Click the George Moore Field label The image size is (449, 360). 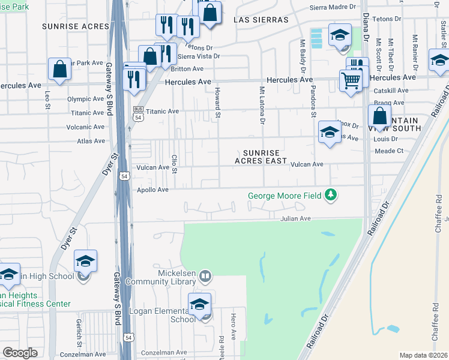coord(285,196)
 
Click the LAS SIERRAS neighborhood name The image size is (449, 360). coord(261,20)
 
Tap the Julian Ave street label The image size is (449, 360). coord(295,219)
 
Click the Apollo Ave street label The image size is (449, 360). coord(152,189)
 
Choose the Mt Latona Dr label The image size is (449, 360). coord(262,104)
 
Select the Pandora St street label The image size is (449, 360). coord(313,100)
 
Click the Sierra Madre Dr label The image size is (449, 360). coord(333,7)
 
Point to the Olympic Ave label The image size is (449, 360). coord(86,99)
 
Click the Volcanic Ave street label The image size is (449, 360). coord(86,127)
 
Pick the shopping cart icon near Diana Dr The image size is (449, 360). coord(351,80)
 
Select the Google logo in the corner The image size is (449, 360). coord(20,353)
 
